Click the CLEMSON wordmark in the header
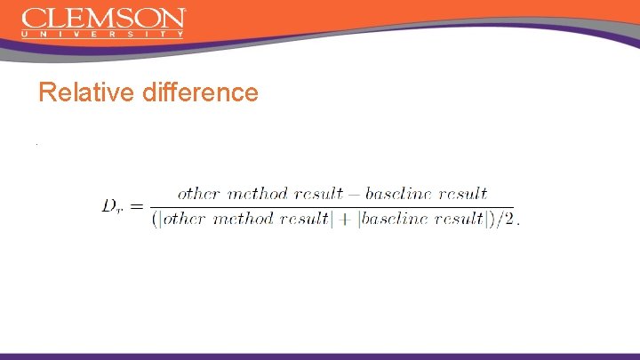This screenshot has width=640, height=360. pos(103,19)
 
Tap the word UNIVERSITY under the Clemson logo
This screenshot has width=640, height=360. pos(103,35)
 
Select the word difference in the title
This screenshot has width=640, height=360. pos(198,92)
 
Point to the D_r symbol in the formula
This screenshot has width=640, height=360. pos(112,206)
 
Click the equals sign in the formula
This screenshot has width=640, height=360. pos(136,206)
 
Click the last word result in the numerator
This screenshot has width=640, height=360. pos(463,193)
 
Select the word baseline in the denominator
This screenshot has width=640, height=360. pos(393,220)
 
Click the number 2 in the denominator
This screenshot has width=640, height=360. pos(508,220)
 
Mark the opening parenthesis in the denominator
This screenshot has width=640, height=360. pos(155,220)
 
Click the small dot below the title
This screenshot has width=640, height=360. pos(36,145)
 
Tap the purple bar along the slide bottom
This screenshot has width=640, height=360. pos(320,356)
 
